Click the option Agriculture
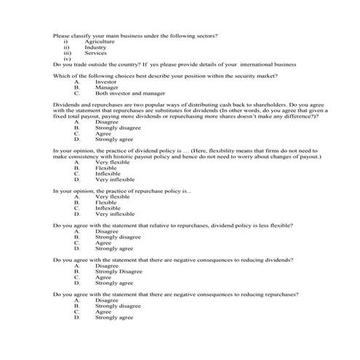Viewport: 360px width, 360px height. tap(100, 41)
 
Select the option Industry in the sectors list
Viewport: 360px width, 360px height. tap(96, 47)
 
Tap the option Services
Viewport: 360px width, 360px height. tap(96, 53)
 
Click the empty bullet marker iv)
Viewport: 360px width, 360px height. tap(67, 59)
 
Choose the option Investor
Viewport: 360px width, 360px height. tap(106, 82)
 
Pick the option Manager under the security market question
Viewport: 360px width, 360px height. tap(107, 88)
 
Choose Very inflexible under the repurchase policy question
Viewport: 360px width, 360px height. tap(115, 214)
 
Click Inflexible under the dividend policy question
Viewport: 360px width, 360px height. tap(108, 173)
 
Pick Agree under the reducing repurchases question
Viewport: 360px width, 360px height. tap(103, 312)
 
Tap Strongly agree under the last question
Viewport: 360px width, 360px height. tap(114, 318)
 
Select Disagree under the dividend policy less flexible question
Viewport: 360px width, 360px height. tap(107, 231)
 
